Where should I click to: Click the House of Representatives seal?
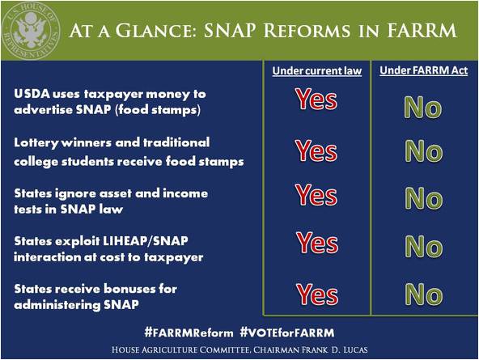point(30,31)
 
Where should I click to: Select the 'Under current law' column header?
point(317,71)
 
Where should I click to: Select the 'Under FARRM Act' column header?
point(424,70)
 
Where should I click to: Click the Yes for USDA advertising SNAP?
point(316,99)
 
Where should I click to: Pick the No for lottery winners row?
point(424,150)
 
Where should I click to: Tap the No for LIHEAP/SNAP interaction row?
point(424,246)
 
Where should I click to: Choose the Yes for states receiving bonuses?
point(317,294)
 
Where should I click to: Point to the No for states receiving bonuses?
point(424,294)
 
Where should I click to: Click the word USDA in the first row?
point(32,94)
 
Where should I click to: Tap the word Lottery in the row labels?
point(36,143)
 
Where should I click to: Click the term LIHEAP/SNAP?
point(145,241)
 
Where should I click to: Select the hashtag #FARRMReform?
point(189,332)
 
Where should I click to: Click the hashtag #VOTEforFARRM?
point(287,332)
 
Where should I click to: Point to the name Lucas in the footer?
point(355,349)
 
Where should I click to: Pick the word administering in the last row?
point(57,305)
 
